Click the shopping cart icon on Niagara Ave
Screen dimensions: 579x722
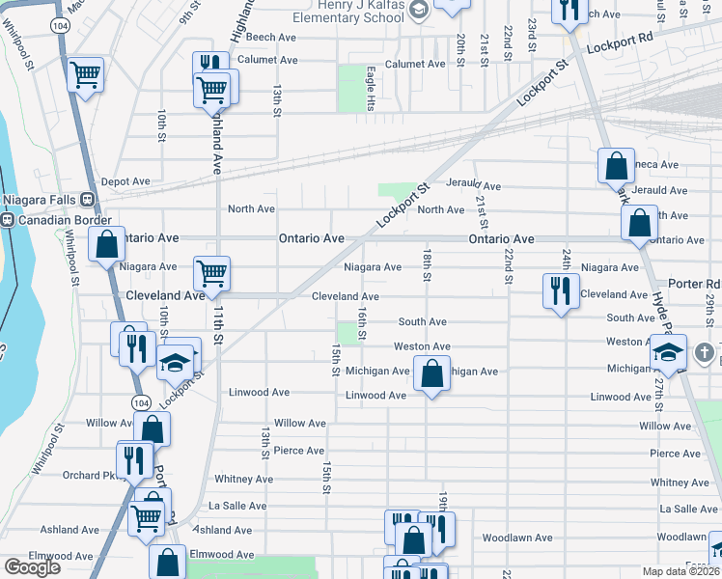click(x=211, y=272)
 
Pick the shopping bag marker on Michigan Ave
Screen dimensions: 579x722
click(x=432, y=372)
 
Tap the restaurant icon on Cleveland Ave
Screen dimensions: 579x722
click(x=561, y=289)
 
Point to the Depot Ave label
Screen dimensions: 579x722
click(x=125, y=181)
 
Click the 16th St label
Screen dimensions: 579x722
click(x=362, y=324)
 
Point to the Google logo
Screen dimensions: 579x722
click(x=32, y=567)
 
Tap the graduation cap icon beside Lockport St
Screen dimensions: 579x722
click(x=176, y=362)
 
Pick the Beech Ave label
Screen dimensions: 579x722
click(x=270, y=38)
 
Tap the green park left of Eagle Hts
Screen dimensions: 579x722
click(x=351, y=87)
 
